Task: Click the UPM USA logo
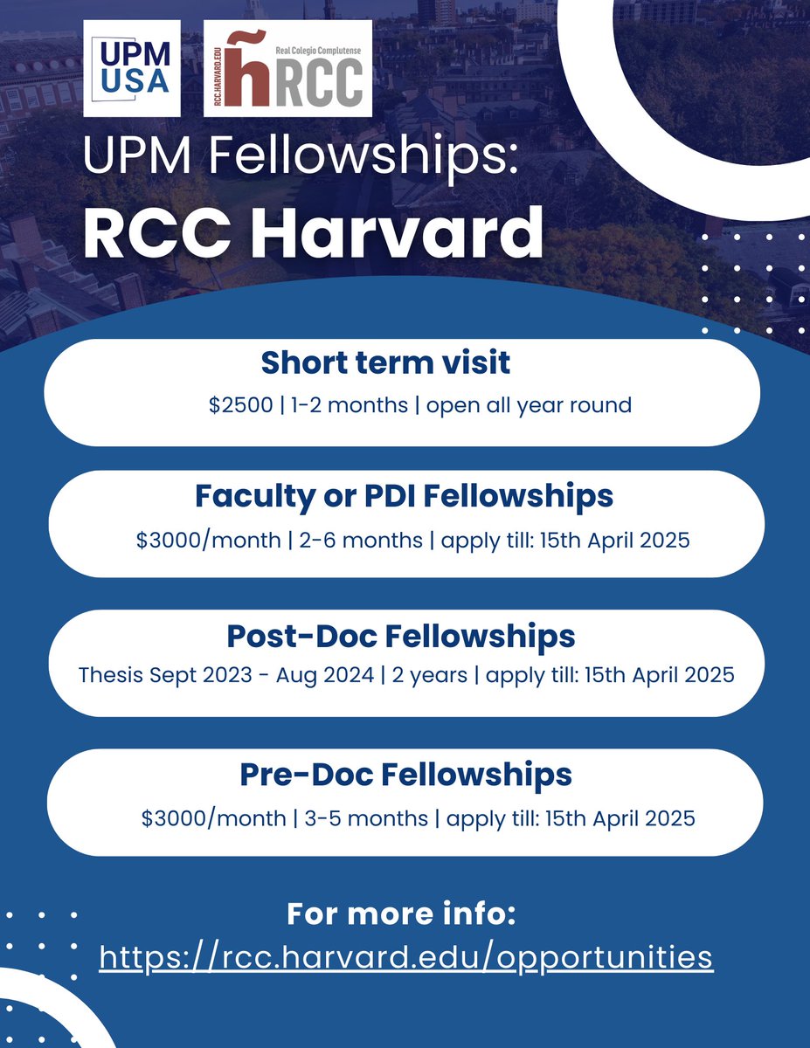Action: click(131, 69)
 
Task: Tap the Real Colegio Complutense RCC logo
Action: click(287, 69)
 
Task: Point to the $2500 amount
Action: click(239, 406)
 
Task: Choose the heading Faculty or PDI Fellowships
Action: click(404, 496)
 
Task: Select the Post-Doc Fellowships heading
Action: click(401, 636)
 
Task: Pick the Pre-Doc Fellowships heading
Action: click(405, 774)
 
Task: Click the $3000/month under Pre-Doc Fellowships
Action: click(213, 819)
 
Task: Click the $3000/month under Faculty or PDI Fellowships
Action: click(208, 541)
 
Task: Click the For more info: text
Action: click(401, 915)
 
